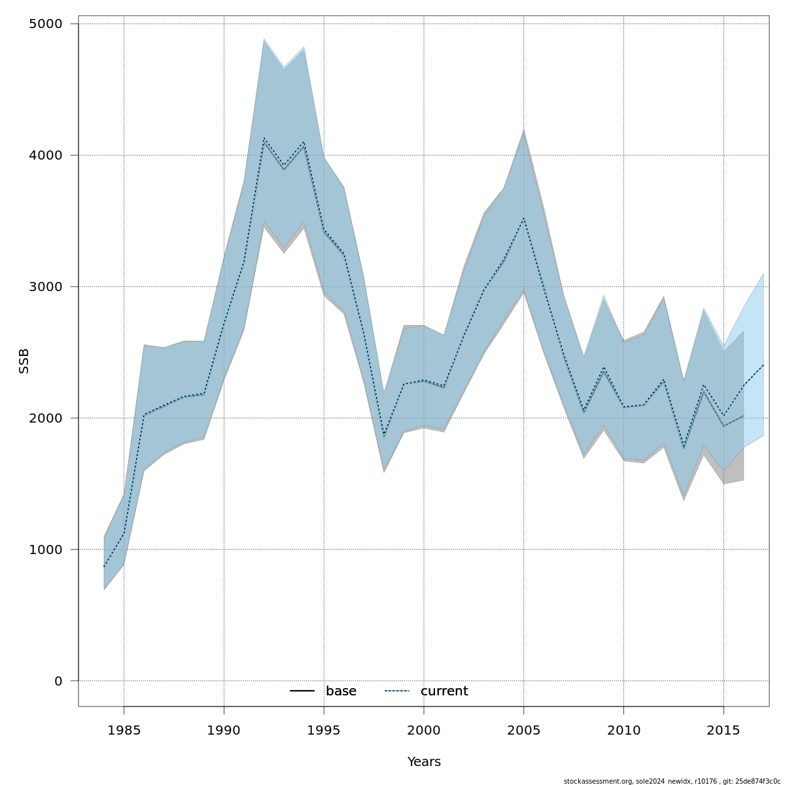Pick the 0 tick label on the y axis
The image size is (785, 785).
click(58, 681)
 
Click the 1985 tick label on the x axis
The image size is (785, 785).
click(124, 729)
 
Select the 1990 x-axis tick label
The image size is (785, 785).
click(224, 729)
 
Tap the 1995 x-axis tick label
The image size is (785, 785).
click(324, 729)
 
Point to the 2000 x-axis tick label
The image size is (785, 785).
click(424, 729)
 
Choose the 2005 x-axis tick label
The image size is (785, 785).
click(523, 729)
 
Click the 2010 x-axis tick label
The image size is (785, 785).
click(623, 729)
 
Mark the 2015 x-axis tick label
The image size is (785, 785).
click(724, 729)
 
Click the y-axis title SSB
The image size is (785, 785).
click(24, 361)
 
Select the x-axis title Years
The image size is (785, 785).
click(424, 762)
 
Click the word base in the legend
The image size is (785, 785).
click(341, 691)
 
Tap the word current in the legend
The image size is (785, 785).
click(444, 691)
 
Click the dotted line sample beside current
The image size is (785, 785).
click(396, 691)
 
